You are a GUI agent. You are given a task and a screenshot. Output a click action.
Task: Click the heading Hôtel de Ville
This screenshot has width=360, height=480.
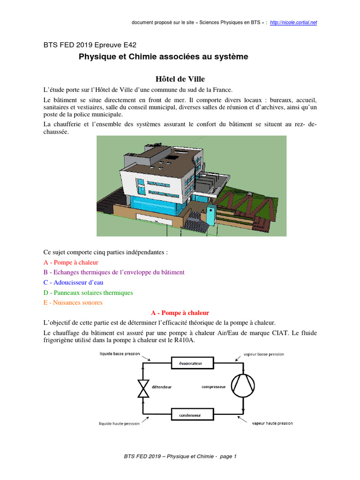tap(180, 79)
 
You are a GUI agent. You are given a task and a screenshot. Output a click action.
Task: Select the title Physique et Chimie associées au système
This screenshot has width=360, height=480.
tap(163, 57)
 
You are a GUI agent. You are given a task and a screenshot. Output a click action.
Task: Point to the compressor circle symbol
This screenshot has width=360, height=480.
tap(244, 386)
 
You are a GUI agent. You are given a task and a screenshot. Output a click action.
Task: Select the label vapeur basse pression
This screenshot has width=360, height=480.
tap(264, 354)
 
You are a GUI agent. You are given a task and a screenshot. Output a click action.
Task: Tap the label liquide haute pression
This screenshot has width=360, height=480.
tap(119, 423)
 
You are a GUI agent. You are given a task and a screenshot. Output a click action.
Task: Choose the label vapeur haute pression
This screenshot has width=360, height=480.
tap(269, 423)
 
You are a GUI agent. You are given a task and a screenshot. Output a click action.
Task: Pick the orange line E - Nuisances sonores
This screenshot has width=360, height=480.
tap(73, 302)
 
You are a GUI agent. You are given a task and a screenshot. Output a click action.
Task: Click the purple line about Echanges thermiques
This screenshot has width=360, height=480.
tap(114, 272)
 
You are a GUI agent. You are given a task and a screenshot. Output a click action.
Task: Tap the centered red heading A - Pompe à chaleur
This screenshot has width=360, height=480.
tap(180, 313)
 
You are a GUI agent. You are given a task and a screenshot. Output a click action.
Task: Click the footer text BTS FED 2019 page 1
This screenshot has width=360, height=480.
tap(180, 456)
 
